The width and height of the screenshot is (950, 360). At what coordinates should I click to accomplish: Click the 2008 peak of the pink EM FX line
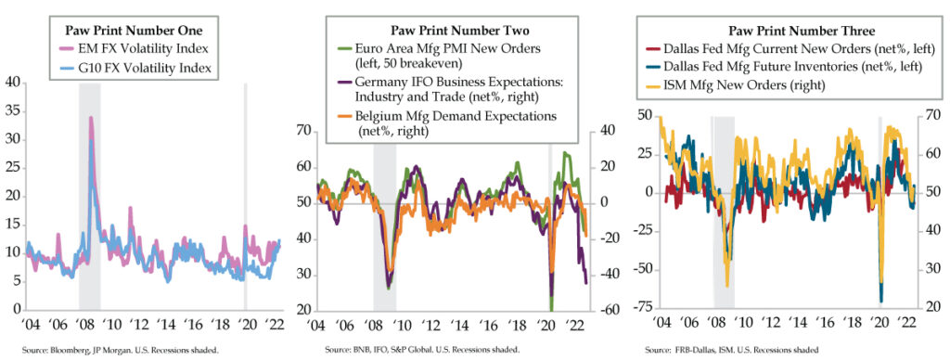pos(90,118)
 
